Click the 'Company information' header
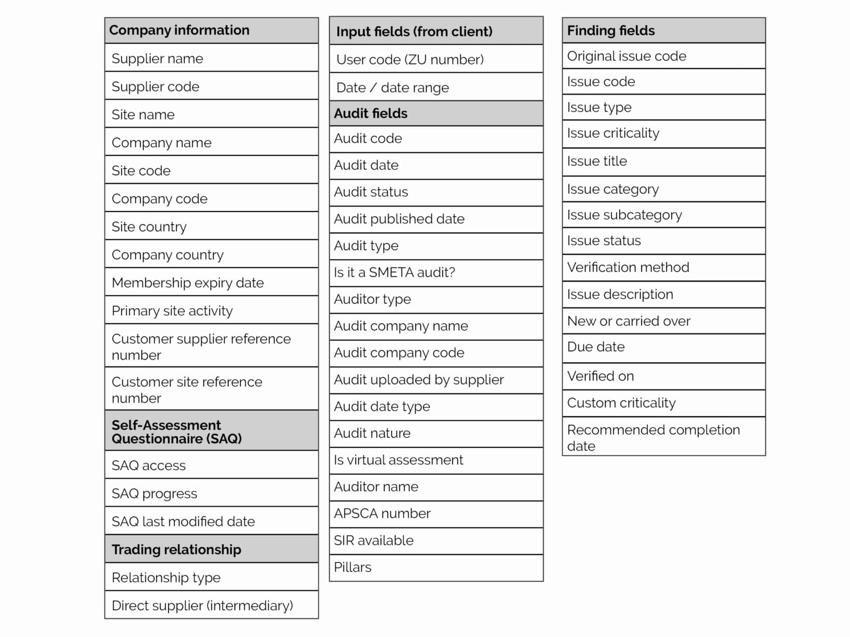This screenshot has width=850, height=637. point(179,30)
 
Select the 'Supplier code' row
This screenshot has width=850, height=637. point(156,86)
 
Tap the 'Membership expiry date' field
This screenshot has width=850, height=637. point(188,282)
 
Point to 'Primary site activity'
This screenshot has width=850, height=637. point(172,311)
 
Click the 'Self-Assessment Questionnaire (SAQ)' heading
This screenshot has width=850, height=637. point(177,431)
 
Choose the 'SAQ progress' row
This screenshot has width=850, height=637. point(154,493)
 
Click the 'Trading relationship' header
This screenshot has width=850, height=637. point(176,549)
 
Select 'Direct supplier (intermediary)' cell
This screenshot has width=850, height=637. point(202,605)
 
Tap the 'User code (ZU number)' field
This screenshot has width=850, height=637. point(410,59)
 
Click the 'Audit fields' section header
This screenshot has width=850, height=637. point(371,113)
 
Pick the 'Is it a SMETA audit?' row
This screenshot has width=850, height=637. point(394,272)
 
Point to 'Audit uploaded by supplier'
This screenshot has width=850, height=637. point(419,379)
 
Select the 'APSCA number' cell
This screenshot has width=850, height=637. point(382,513)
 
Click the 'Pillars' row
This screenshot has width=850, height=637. point(353,567)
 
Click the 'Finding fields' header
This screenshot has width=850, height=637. point(611,30)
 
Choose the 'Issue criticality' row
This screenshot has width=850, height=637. point(613,133)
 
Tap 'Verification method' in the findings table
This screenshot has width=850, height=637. point(628,267)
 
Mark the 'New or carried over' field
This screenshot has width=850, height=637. point(629,321)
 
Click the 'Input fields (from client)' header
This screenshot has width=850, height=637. point(414,31)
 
